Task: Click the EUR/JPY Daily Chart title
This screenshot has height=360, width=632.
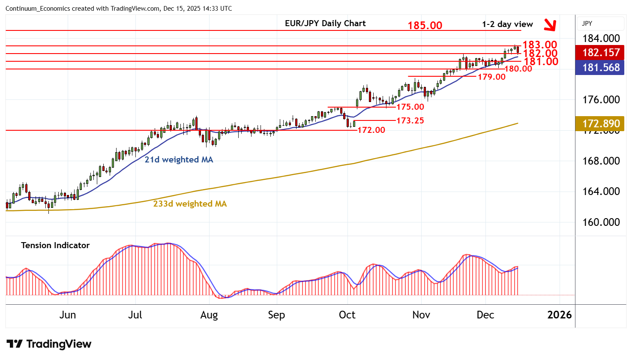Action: [x=325, y=24]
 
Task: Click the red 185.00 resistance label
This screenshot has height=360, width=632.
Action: [x=425, y=25]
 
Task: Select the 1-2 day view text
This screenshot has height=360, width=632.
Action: [x=507, y=24]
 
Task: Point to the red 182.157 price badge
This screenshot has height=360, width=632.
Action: [x=601, y=53]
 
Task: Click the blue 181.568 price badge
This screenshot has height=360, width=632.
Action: [x=601, y=68]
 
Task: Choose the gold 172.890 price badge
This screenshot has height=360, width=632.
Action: [x=601, y=124]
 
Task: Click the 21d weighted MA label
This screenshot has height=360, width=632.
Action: [x=179, y=159]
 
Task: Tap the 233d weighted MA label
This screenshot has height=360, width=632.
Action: [x=190, y=204]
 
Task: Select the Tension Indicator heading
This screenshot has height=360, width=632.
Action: [x=55, y=245]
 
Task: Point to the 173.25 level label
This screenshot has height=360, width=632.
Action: [x=410, y=120]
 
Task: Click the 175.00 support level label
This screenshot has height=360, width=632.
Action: [x=410, y=107]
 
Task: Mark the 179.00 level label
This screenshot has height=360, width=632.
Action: [x=491, y=77]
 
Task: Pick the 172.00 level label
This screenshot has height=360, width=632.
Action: [x=371, y=130]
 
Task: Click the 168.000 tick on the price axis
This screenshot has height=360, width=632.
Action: [x=601, y=161]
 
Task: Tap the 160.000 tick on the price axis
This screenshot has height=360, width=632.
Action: [x=601, y=222]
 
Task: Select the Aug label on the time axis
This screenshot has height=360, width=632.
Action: [x=209, y=315]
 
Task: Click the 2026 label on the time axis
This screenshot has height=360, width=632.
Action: [x=559, y=315]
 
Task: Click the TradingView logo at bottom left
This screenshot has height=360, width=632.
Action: [x=49, y=344]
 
